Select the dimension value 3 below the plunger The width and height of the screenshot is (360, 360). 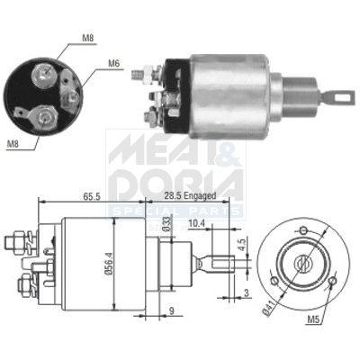click(x=247, y=293)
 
